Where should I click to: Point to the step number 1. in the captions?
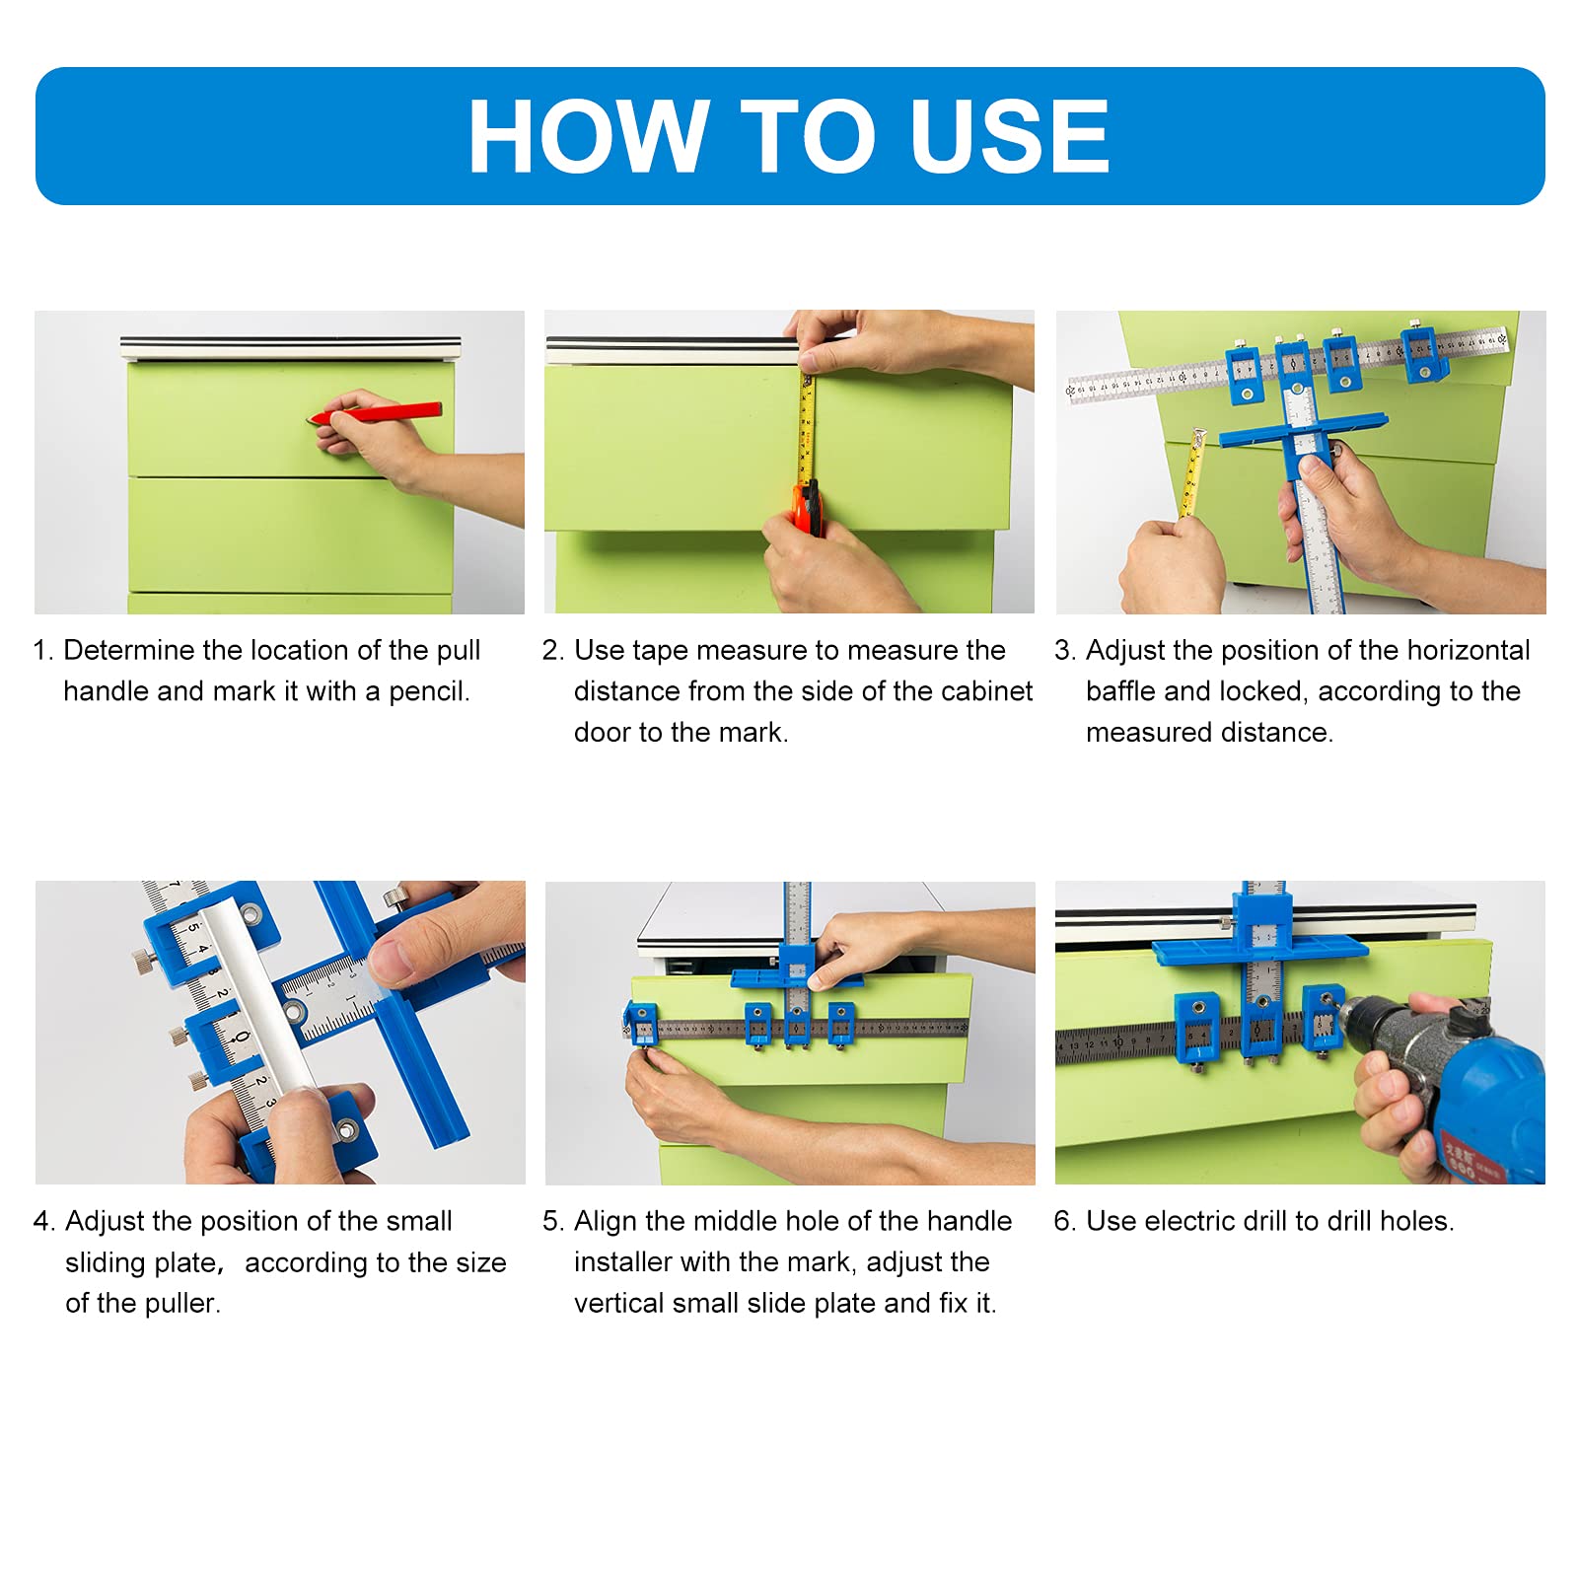42,651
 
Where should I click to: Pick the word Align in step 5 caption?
606,1221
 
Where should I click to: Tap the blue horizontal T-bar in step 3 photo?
1302,430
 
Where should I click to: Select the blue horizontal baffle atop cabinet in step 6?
1259,950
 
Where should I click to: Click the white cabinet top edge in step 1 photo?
290,347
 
